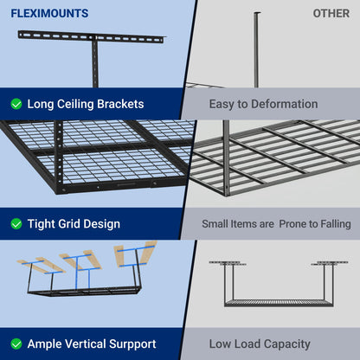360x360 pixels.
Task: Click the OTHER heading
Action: click(x=331, y=14)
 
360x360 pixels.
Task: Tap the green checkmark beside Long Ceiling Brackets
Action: click(x=16, y=104)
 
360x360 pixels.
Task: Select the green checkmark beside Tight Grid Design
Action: click(x=16, y=224)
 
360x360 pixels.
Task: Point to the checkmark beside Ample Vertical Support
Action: click(x=16, y=344)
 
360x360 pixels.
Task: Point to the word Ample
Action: click(x=44, y=344)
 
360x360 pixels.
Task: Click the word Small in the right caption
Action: click(x=215, y=224)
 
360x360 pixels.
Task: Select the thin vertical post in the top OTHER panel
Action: click(x=256, y=52)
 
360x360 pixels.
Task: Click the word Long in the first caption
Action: click(x=42, y=104)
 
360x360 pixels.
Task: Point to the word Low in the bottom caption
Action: click(x=224, y=344)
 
